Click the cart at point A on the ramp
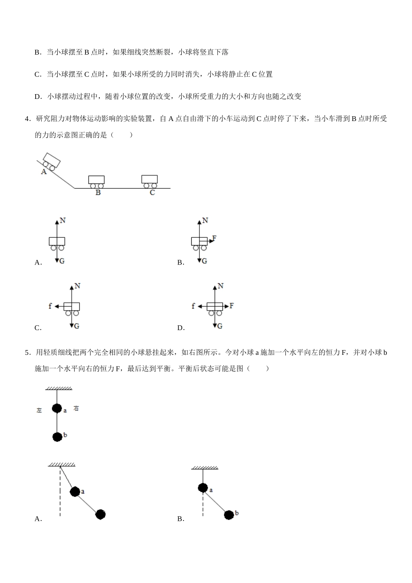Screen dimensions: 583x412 click(x=51, y=161)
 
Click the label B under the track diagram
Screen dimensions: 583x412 click(x=98, y=193)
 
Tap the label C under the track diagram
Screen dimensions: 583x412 click(x=152, y=193)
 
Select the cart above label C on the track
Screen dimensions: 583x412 click(x=150, y=181)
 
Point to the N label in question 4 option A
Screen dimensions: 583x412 click(x=63, y=220)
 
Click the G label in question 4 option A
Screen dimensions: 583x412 click(x=62, y=261)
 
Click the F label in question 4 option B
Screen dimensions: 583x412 click(x=214, y=238)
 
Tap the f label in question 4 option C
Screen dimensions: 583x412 click(x=50, y=306)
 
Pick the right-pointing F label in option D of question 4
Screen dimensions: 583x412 click(x=232, y=306)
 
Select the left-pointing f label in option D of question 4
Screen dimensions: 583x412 click(x=193, y=306)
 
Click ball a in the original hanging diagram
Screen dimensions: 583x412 click(x=57, y=408)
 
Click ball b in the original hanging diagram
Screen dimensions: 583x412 click(x=57, y=437)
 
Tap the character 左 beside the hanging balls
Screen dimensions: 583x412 click(x=39, y=410)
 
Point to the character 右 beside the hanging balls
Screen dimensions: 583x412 click(x=76, y=409)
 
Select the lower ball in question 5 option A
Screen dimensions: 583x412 click(x=101, y=514)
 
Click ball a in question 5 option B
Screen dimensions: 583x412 click(x=203, y=488)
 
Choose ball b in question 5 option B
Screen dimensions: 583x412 click(x=229, y=515)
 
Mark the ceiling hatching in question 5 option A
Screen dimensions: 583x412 click(x=61, y=465)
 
